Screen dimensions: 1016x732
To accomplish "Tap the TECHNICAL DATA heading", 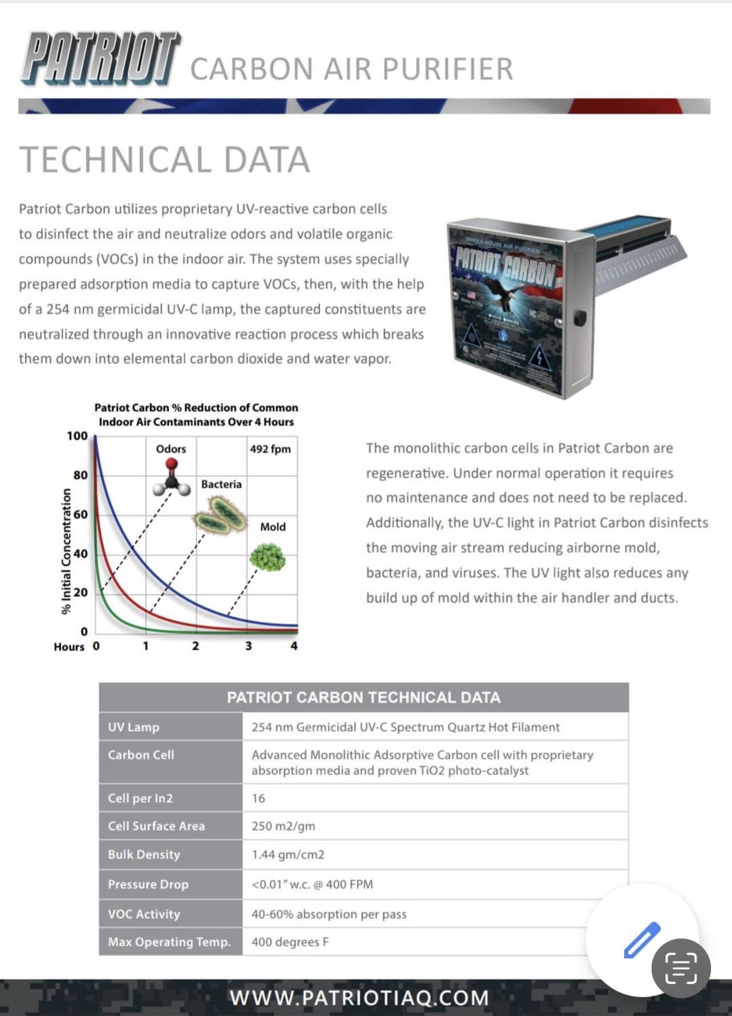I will (165, 160).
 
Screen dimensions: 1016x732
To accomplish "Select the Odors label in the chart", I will (171, 449).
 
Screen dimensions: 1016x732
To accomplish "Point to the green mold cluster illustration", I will (267, 557).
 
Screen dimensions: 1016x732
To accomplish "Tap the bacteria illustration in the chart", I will (220, 514).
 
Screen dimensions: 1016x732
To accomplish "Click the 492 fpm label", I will (270, 449).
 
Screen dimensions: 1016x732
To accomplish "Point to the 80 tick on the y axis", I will (80, 475).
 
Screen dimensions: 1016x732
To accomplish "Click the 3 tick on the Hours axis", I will (248, 646).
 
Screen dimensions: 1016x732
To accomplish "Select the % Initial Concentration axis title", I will (67, 551).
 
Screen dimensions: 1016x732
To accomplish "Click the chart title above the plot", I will (196, 415).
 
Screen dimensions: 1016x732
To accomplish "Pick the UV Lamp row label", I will (134, 727).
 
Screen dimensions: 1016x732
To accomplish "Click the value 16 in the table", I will (258, 798).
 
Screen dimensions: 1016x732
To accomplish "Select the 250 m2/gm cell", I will (283, 826).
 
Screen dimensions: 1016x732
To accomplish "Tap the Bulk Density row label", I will (144, 855).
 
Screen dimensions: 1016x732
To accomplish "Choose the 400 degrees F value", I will (290, 942).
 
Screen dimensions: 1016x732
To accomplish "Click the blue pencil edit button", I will (642, 940).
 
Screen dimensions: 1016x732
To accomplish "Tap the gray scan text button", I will (681, 968).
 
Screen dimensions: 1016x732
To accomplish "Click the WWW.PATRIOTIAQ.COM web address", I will (359, 998).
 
